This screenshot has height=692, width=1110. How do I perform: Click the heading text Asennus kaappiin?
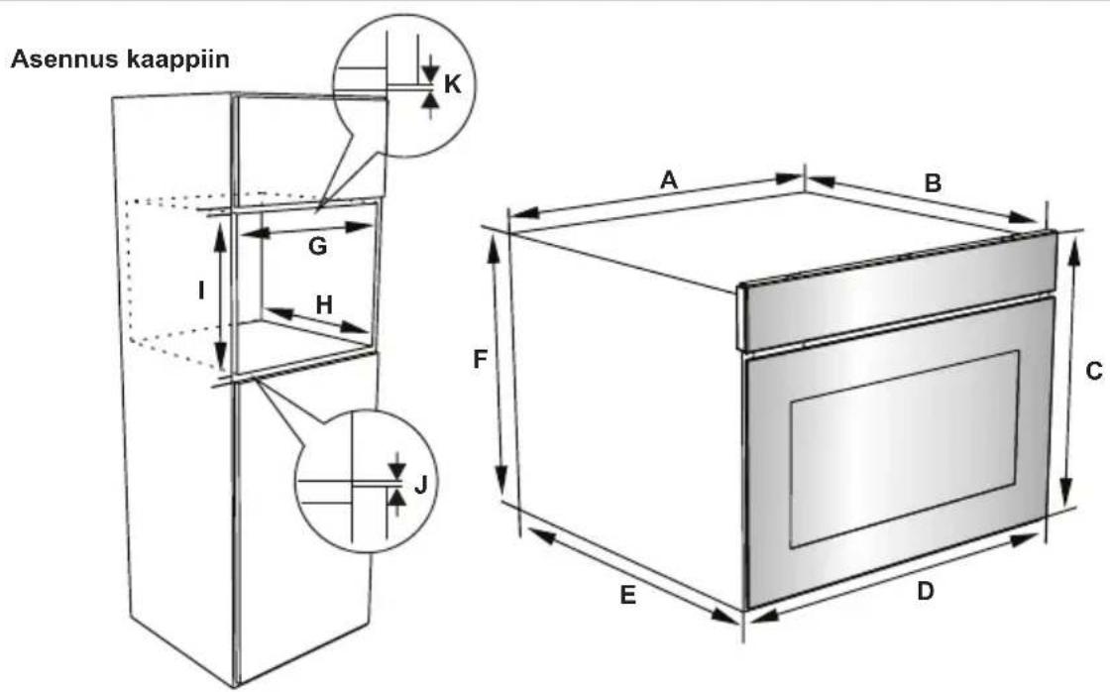120,58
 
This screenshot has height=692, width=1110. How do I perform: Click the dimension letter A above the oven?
669,179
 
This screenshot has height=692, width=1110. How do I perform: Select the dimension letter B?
933,182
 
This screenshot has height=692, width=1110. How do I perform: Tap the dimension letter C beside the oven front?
1094,371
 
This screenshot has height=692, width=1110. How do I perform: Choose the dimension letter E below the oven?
628,595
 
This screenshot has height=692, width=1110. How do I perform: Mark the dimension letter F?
480,360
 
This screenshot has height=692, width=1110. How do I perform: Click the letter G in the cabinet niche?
318,247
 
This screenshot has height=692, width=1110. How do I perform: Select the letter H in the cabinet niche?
323,304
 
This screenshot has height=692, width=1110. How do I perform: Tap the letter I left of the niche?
202,290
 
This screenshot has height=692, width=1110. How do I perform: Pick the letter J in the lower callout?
420,485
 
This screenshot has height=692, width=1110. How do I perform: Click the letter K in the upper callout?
452,84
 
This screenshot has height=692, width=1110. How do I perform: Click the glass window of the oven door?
905,448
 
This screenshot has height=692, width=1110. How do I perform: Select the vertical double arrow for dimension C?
1069,369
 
